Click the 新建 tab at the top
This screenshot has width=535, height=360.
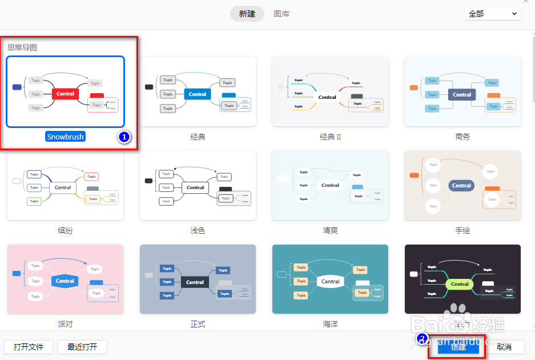tap(247, 14)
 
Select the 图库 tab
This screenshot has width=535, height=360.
tap(281, 14)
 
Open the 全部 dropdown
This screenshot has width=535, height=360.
tap(493, 14)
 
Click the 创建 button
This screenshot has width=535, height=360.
tap(458, 347)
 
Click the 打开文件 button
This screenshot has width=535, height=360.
tap(29, 347)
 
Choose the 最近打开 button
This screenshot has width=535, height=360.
tap(82, 347)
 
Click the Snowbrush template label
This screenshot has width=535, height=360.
tap(65, 137)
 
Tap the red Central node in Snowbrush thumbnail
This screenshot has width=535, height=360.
tap(65, 94)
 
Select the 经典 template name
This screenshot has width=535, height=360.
tap(198, 137)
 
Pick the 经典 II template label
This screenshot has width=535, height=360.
tap(330, 137)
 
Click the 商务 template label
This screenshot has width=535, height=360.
tap(462, 137)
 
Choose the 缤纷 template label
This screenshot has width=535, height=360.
tap(65, 231)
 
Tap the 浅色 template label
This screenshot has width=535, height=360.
tap(198, 231)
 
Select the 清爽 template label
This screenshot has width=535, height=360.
tap(330, 231)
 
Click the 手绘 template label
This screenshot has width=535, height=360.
tap(462, 231)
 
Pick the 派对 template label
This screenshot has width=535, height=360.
tap(65, 324)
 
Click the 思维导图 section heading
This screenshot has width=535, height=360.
tap(22, 47)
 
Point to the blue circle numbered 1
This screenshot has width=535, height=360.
tap(124, 137)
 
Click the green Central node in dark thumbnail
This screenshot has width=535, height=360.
tap(460, 283)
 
